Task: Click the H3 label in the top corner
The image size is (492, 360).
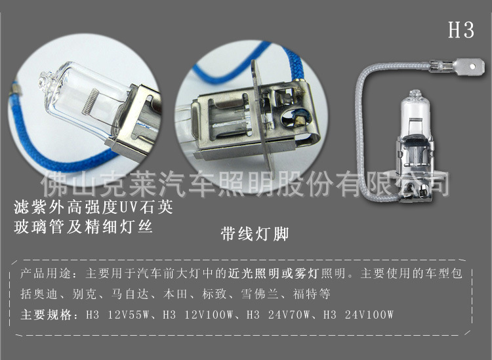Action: (x=461, y=30)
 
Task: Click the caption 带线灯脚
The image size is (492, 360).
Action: (x=255, y=234)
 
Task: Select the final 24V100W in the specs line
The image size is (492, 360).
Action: (x=371, y=315)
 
